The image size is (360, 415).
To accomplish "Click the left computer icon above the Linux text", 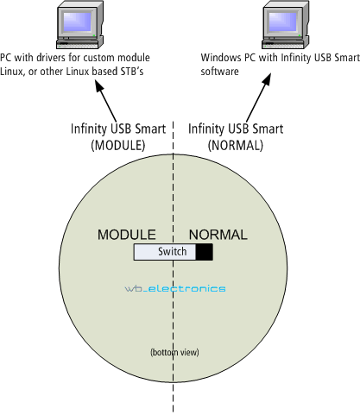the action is [79, 25].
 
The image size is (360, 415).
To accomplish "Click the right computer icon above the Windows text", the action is [286, 25].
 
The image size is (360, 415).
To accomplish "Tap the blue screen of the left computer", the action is [77, 22].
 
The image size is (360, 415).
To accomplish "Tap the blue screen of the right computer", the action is [282, 22].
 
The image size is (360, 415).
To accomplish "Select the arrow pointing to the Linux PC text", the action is [106, 101].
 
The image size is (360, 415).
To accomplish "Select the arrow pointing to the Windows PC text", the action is [259, 97].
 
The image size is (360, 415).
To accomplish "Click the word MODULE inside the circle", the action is [127, 235].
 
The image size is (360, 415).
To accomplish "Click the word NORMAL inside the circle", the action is [218, 235].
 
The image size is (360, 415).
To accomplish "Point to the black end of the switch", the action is [205, 252].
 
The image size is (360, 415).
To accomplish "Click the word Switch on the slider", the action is [173, 252].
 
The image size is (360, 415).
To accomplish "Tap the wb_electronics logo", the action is [175, 288].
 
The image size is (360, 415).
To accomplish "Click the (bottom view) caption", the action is [174, 352].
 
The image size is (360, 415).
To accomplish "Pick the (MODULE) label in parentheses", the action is [118, 145].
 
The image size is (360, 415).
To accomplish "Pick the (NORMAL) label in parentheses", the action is [236, 145].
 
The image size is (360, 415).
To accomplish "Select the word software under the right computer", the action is [220, 72].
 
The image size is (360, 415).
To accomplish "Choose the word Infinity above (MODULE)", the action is [89, 129].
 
